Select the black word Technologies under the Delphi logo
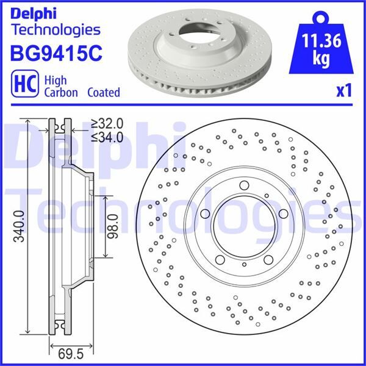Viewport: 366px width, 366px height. click(x=56, y=29)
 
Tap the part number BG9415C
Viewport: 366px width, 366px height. click(x=55, y=52)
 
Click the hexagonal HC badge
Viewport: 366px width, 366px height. click(x=22, y=85)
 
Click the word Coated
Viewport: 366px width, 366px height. click(x=103, y=93)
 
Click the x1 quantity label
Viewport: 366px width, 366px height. click(x=344, y=91)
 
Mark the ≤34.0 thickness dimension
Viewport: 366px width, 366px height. click(x=107, y=136)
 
